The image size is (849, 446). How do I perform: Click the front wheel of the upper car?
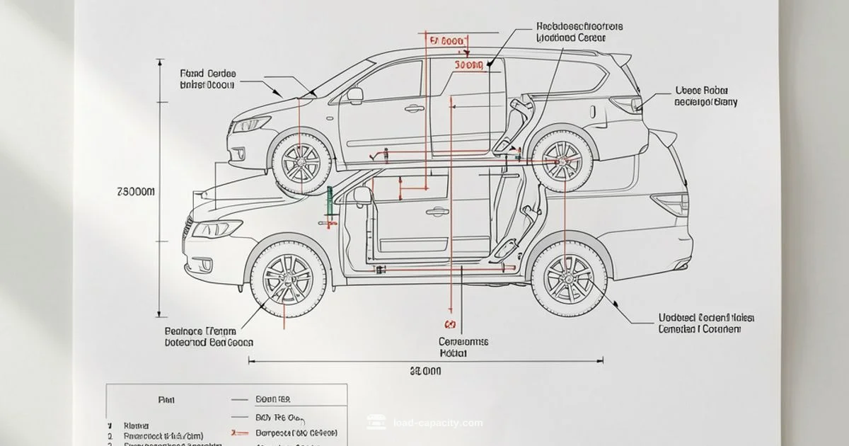(301, 161)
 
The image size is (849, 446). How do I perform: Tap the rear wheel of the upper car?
(562, 161)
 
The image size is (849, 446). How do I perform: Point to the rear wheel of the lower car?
(569, 277)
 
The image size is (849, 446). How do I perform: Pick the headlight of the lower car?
(216, 229)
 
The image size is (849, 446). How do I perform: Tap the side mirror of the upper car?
(354, 94)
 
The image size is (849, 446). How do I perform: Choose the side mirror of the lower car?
(362, 195)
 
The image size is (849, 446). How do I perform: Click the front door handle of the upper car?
(414, 108)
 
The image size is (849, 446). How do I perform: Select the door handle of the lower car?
(437, 211)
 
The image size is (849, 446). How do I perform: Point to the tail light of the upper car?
(628, 104)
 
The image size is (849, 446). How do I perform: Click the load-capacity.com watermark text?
(437, 423)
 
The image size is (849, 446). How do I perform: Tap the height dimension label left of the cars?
(134, 192)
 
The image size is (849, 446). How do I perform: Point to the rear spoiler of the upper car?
(620, 59)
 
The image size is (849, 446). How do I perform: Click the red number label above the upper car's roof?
(446, 42)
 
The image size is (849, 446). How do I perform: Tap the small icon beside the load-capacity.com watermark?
(376, 423)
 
